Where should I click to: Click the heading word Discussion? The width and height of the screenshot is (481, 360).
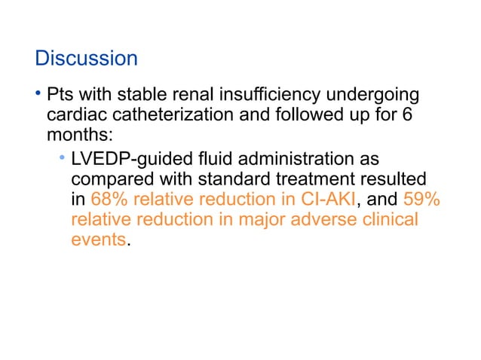point(86,58)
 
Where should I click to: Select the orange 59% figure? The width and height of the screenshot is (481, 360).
point(423,200)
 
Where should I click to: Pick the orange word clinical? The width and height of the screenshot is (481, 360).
point(391,221)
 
